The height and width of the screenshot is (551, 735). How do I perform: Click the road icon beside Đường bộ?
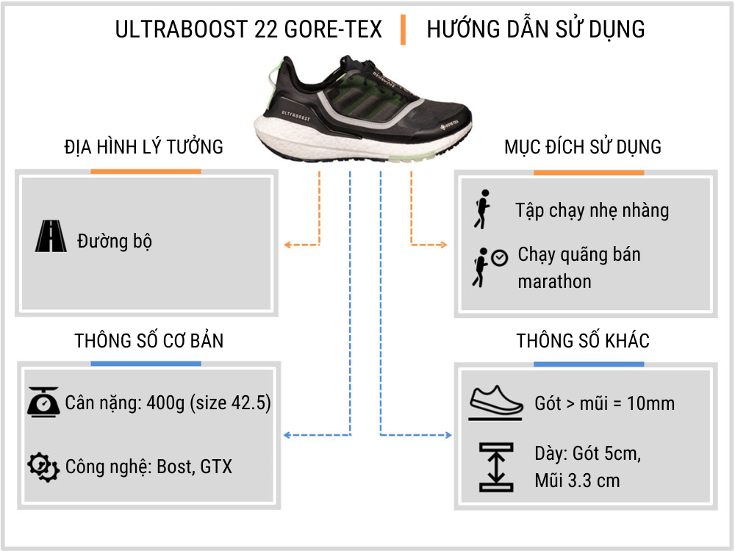(x=50, y=237)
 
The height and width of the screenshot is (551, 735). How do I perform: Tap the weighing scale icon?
(x=43, y=402)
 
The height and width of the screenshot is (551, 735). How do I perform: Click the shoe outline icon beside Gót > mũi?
(x=496, y=403)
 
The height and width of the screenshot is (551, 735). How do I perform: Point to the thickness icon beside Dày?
(x=496, y=467)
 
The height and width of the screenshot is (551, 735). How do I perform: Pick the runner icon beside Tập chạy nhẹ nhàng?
(x=483, y=209)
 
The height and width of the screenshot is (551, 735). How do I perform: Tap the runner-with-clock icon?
(x=488, y=267)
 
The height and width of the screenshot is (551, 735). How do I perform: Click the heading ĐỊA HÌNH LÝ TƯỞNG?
(x=144, y=147)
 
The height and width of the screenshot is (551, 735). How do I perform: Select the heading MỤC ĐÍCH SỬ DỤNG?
(x=583, y=147)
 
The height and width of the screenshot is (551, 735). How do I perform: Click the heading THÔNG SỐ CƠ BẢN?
(x=149, y=342)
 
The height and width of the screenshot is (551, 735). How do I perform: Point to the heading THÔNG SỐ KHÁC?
(x=583, y=342)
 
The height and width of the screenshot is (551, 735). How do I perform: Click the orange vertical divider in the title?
(x=403, y=29)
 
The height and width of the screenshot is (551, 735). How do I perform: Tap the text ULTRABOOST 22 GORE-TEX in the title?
(x=248, y=29)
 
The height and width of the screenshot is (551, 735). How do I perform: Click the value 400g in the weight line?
(x=169, y=403)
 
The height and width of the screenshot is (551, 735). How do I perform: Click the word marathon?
(x=554, y=282)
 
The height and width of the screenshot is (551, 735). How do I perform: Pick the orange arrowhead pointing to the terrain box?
(x=288, y=245)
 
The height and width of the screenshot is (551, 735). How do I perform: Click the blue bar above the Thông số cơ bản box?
(x=146, y=363)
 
